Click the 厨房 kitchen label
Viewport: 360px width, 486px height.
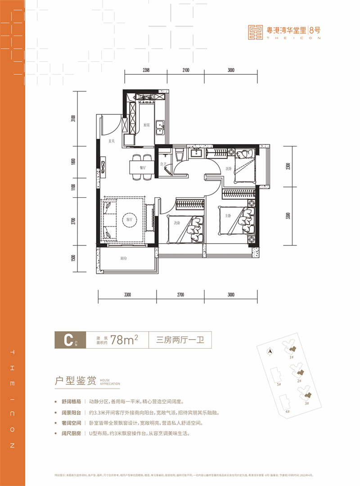[x=146, y=125]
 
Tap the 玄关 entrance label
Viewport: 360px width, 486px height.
[x=112, y=141]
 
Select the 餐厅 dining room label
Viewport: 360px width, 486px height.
[x=142, y=167]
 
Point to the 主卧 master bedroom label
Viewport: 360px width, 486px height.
[x=228, y=215]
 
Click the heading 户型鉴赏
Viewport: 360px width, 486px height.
[x=74, y=382]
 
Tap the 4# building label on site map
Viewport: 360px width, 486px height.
[x=287, y=411]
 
